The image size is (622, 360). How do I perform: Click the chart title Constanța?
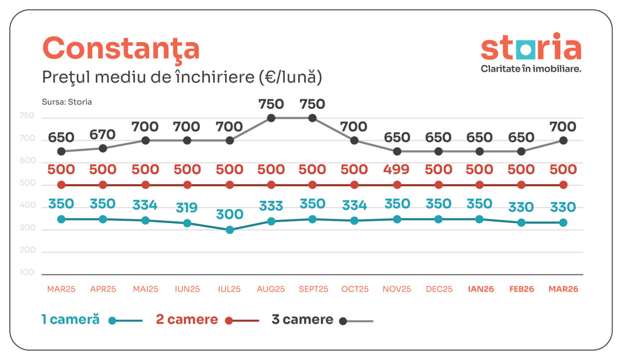point(120,49)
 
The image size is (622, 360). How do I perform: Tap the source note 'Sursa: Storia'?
point(66,102)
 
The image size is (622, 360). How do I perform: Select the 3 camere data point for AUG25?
point(271,118)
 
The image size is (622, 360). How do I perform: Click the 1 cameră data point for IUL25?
point(230,230)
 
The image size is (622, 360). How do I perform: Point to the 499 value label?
point(397,170)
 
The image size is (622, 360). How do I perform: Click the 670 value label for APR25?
point(103,135)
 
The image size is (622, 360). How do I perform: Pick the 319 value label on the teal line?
point(187,208)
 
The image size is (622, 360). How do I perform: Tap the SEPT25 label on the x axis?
point(313,289)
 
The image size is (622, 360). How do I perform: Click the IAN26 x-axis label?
point(480,289)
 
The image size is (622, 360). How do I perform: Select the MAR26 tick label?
point(563,289)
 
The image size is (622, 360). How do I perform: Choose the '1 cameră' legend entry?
point(70,320)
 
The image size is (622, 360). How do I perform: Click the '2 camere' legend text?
point(187,320)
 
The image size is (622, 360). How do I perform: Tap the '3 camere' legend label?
point(302,320)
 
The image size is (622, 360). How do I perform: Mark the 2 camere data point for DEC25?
point(439,185)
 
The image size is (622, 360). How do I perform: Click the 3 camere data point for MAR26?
point(563,140)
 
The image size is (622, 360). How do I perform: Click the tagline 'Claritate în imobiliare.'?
point(531,68)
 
